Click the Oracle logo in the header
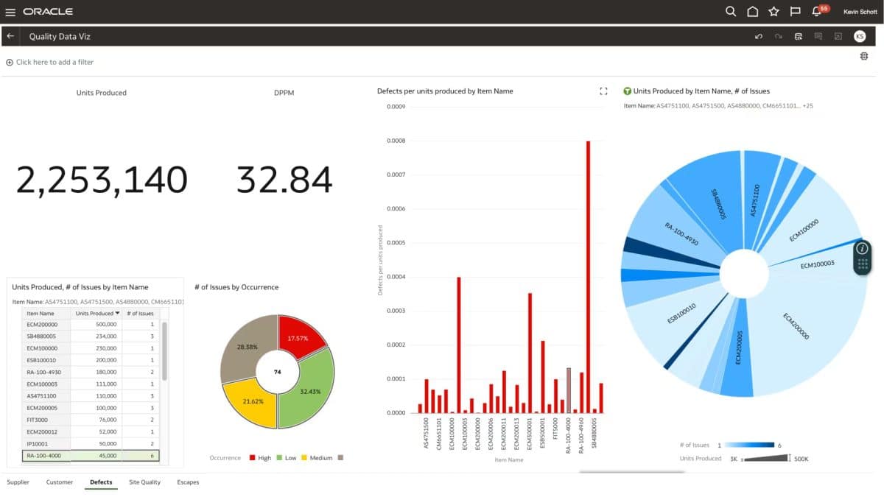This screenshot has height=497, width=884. point(48,12)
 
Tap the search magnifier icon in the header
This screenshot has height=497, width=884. point(730,12)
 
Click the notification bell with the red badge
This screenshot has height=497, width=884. point(816,12)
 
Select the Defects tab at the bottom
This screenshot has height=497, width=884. point(101,482)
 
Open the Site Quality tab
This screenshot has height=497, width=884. point(144,482)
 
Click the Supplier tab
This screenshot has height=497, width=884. point(18,482)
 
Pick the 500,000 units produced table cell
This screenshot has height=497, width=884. point(97,324)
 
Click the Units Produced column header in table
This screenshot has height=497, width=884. point(95,313)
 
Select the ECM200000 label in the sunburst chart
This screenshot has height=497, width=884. point(796,327)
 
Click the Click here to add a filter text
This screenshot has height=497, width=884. point(55,63)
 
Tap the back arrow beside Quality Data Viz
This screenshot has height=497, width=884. point(10,36)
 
